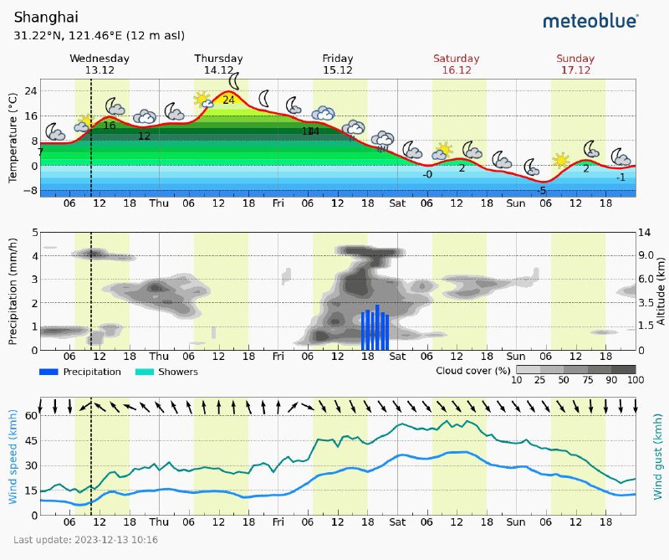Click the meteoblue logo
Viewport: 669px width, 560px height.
[x=590, y=20]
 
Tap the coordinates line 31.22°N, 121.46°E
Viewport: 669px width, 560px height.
[x=100, y=36]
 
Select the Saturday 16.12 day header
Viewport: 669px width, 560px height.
[x=457, y=64]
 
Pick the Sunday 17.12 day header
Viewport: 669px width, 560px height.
[x=575, y=64]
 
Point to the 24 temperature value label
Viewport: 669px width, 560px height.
[x=228, y=100]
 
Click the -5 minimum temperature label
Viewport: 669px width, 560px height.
[x=542, y=191]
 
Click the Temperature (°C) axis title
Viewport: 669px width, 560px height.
[x=13, y=139]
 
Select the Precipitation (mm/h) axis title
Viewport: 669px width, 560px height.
[x=13, y=290]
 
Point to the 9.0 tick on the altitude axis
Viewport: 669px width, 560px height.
[x=646, y=255]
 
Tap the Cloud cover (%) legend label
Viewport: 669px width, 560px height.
[x=472, y=370]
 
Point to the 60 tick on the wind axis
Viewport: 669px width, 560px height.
[x=30, y=415]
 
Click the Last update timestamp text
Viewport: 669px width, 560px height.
[x=86, y=540]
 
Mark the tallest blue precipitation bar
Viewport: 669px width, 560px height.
[x=378, y=327]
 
